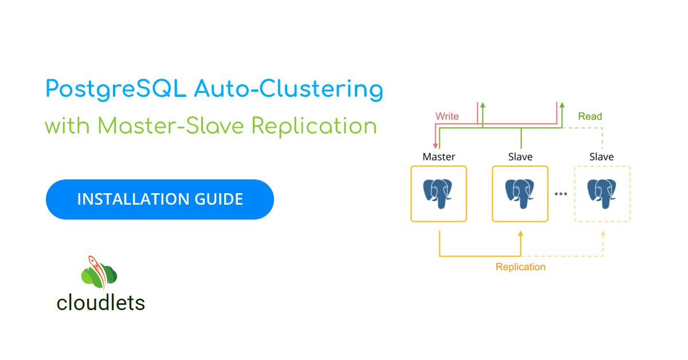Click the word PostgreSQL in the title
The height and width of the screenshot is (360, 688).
(x=116, y=89)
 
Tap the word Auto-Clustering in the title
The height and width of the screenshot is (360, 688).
(x=289, y=89)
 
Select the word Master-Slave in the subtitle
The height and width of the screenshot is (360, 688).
(x=171, y=126)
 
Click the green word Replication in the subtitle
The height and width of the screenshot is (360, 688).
(x=314, y=127)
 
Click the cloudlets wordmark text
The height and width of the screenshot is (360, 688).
(x=101, y=303)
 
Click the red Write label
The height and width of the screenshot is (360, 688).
(x=447, y=116)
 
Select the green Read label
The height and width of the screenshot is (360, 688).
(x=590, y=116)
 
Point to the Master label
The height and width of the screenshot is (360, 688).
(x=439, y=157)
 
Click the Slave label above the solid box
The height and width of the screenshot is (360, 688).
(x=520, y=157)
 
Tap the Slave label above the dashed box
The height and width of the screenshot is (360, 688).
(x=601, y=157)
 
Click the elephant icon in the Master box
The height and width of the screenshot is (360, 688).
(x=437, y=194)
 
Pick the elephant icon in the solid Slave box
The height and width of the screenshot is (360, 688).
(x=519, y=194)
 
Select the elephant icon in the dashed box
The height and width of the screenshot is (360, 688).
(x=601, y=194)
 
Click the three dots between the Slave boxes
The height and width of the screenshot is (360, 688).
(x=561, y=194)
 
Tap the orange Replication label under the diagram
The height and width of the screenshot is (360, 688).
(x=521, y=267)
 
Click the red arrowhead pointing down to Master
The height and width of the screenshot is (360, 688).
(x=435, y=146)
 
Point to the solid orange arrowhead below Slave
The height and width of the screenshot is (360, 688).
(x=521, y=234)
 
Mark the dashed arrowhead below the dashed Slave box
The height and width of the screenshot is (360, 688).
(x=603, y=234)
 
